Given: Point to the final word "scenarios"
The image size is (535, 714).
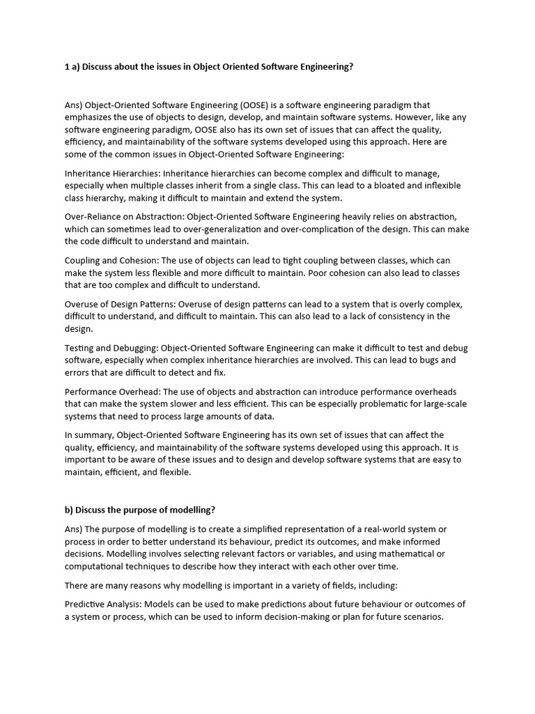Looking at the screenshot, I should pos(420,616).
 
